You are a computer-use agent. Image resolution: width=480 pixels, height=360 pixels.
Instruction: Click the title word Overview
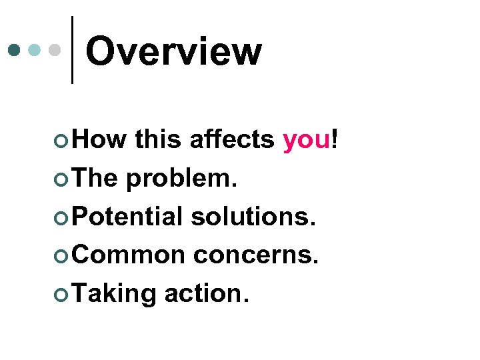(x=173, y=52)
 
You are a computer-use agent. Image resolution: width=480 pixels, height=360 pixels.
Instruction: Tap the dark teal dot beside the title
(x=14, y=49)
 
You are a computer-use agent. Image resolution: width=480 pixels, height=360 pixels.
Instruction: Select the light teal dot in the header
(x=35, y=49)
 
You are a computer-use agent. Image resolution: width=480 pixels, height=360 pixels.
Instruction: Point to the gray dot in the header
(x=56, y=49)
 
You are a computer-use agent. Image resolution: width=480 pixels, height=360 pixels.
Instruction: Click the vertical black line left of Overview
(x=72, y=50)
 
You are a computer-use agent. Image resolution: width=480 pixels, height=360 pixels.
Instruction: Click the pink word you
(x=307, y=141)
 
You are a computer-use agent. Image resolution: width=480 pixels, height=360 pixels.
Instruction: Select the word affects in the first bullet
(x=231, y=139)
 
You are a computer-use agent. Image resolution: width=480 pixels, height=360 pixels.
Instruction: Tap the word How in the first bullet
(x=99, y=139)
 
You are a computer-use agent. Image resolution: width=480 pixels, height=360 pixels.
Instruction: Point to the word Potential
(x=127, y=216)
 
